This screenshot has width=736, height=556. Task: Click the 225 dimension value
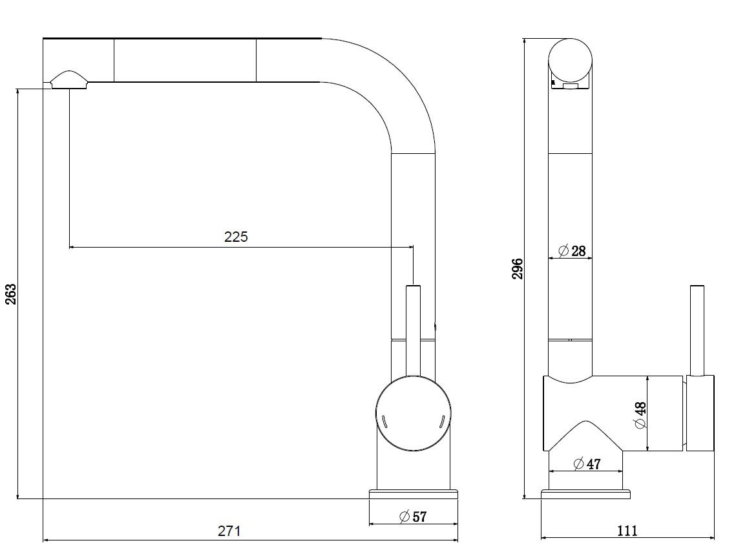tap(236, 237)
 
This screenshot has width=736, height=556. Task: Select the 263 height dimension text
tap(11, 294)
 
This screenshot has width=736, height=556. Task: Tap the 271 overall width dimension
tap(229, 531)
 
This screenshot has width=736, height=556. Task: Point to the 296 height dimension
tap(518, 268)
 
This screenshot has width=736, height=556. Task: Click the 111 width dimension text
tap(627, 531)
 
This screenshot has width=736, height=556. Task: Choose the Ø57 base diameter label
tap(413, 517)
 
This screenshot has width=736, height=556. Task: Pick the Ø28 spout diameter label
tap(572, 251)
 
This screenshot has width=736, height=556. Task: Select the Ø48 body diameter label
tap(640, 415)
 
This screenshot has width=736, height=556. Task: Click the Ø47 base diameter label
tap(587, 464)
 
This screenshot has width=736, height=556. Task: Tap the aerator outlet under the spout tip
tap(68, 80)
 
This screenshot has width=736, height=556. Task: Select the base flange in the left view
tap(413, 495)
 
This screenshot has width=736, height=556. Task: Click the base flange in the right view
tap(585, 495)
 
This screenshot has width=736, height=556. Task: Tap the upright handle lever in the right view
tap(697, 330)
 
